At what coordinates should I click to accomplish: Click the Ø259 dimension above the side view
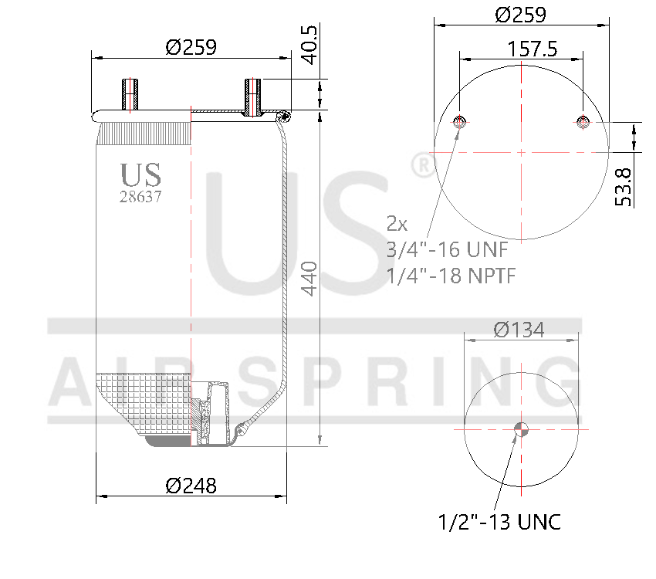pyautogui.click(x=191, y=47)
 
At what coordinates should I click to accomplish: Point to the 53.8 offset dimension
pyautogui.click(x=623, y=186)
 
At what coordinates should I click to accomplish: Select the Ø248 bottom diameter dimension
pyautogui.click(x=191, y=486)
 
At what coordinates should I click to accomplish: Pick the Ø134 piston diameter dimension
pyautogui.click(x=519, y=330)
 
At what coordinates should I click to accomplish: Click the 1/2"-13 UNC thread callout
pyautogui.click(x=499, y=522)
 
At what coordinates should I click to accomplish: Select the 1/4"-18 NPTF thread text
pyautogui.click(x=451, y=276)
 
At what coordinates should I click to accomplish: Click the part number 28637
pyautogui.click(x=140, y=196)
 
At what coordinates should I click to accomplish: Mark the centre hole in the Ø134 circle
pyautogui.click(x=522, y=429)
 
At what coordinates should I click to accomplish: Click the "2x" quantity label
pyautogui.click(x=397, y=224)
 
